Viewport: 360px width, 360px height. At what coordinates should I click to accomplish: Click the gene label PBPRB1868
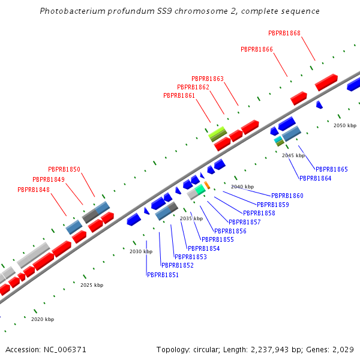point(284,33)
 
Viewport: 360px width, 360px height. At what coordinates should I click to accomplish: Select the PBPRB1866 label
point(257,49)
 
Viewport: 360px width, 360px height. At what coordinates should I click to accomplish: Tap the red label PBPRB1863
point(208,79)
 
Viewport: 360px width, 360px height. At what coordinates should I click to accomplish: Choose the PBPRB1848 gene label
point(34,190)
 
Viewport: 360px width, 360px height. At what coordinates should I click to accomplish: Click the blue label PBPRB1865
point(332,169)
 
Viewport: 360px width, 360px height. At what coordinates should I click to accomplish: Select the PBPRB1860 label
point(287,196)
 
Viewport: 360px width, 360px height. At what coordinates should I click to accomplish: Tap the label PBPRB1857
point(245,222)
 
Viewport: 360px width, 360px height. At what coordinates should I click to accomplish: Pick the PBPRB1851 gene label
point(163,275)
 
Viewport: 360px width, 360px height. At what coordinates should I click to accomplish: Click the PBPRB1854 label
point(204,248)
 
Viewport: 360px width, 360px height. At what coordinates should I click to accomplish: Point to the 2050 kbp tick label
point(345,125)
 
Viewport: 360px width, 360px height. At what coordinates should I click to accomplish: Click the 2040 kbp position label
point(242,187)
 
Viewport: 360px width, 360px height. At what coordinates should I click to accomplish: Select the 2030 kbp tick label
point(141,251)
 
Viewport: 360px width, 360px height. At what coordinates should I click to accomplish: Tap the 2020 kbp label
point(43,319)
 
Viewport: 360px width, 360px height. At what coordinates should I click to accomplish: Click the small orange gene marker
point(207,185)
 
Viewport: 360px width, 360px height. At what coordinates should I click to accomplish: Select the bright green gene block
point(217,132)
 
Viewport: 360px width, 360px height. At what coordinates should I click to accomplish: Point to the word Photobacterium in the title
point(68,11)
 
